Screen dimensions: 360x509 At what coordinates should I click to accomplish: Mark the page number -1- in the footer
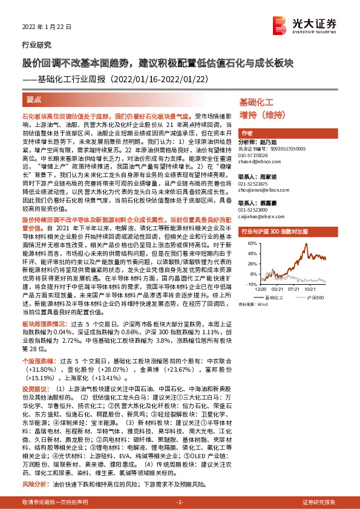(180, 502)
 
